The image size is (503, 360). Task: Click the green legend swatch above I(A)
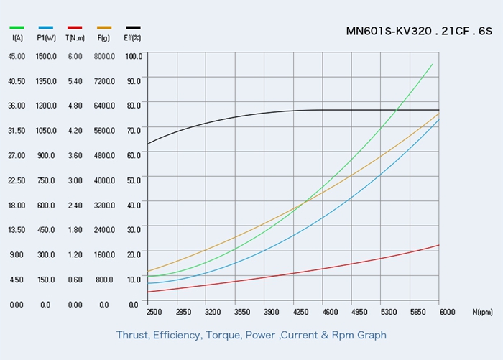(16, 27)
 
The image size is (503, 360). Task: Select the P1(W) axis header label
(46, 37)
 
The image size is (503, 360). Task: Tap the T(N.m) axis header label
(75, 37)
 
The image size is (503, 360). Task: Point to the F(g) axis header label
(103, 37)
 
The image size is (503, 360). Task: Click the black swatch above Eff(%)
(133, 27)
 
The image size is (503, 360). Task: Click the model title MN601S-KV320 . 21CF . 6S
(419, 31)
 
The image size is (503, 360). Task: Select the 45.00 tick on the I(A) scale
(17, 56)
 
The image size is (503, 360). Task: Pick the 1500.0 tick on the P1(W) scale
(46, 56)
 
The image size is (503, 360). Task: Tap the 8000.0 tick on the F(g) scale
(104, 56)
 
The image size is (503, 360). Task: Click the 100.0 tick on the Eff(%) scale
(134, 56)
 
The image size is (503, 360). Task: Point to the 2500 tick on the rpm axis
(154, 312)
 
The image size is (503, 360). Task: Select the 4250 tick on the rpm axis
(300, 312)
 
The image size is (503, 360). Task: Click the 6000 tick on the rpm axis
(447, 312)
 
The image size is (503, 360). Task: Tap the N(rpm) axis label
(483, 312)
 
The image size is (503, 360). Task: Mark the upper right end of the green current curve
(433, 64)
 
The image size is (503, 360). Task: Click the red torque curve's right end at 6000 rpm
(438, 245)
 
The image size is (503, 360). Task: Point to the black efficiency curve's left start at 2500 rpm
(147, 144)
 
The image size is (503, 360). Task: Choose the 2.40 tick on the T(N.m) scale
(75, 205)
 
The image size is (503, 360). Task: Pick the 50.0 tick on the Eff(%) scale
(134, 180)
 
